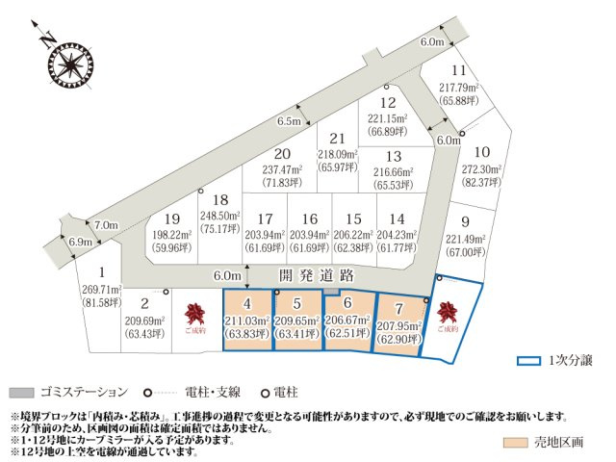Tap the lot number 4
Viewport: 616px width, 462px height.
[249, 302]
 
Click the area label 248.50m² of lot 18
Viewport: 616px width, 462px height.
[218, 217]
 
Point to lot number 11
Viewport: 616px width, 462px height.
[459, 71]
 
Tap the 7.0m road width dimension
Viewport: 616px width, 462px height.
[105, 224]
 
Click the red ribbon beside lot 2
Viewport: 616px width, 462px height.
[196, 313]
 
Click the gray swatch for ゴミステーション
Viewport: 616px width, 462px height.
[21, 392]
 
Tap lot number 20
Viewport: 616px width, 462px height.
[281, 153]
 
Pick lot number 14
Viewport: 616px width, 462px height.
[398, 218]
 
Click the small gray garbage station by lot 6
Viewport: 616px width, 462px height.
[331, 290]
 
